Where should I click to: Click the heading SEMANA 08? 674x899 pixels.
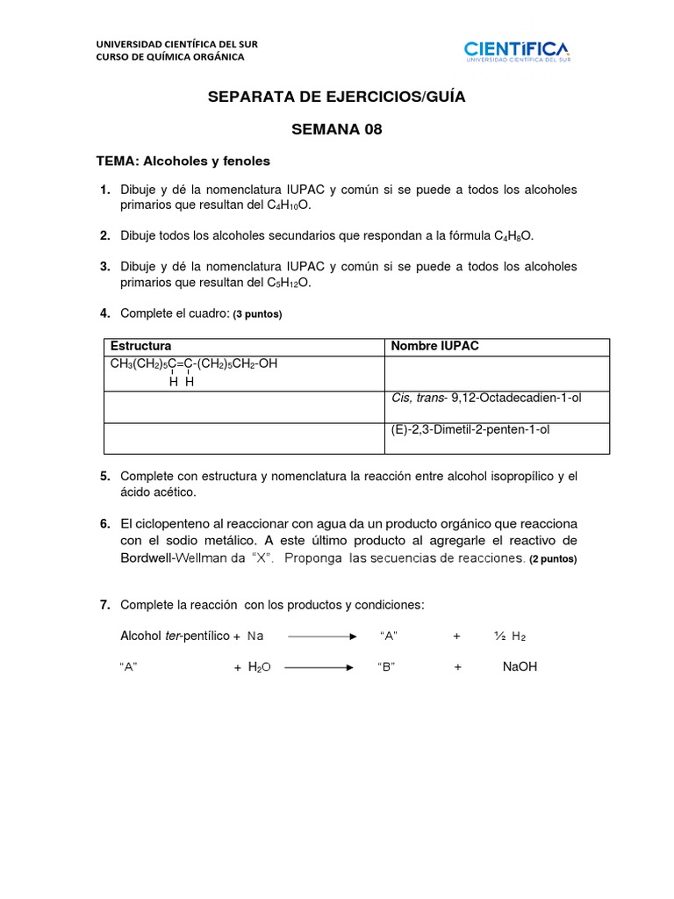pyautogui.click(x=337, y=130)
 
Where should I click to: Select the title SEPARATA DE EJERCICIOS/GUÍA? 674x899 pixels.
pyautogui.click(x=337, y=97)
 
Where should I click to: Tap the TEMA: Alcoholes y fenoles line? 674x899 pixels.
pyautogui.click(x=183, y=162)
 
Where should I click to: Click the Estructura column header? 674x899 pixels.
pyautogui.click(x=140, y=346)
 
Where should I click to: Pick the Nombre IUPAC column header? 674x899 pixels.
pyautogui.click(x=435, y=346)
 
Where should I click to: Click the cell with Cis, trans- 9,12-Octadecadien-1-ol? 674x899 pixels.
pyautogui.click(x=486, y=398)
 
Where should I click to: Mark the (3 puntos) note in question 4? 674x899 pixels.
pyautogui.click(x=258, y=314)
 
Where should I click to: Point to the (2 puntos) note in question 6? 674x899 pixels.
pyautogui.click(x=553, y=558)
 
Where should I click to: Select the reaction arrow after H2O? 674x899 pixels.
pyautogui.click(x=318, y=667)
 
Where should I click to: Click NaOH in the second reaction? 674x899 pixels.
pyautogui.click(x=520, y=667)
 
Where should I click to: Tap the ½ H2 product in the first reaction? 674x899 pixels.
pyautogui.click(x=509, y=636)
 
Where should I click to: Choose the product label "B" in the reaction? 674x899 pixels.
pyautogui.click(x=386, y=667)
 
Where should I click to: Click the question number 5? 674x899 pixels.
pyautogui.click(x=104, y=476)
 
